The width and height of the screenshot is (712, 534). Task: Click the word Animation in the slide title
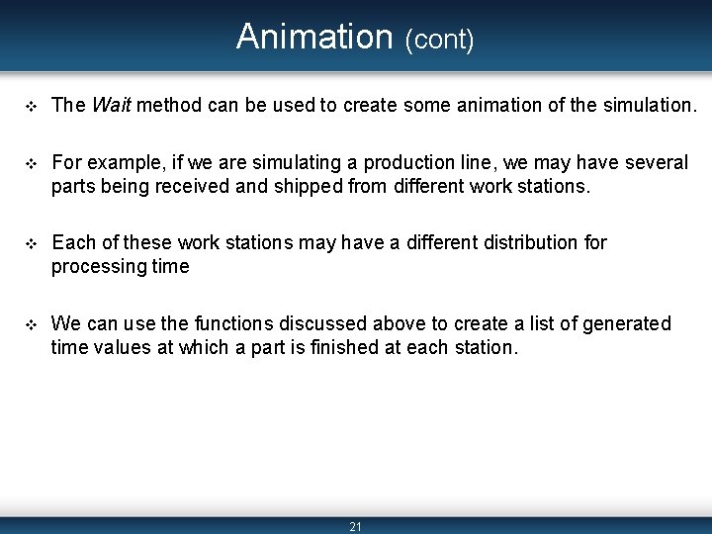(314, 37)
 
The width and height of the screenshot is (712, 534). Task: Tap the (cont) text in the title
(439, 41)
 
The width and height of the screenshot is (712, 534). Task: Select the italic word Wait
(111, 105)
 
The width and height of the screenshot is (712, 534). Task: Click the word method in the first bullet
(170, 105)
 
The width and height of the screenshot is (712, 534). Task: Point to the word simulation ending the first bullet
(642, 105)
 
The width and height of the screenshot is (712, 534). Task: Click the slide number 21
(356, 527)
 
